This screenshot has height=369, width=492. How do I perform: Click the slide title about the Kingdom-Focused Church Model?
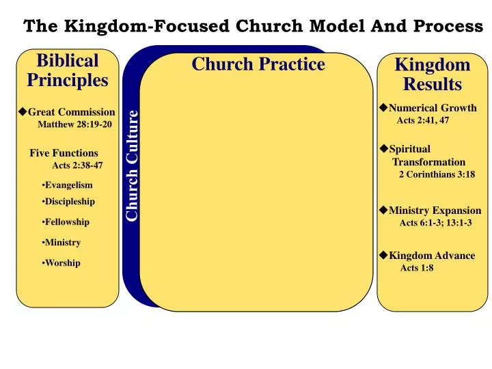(x=253, y=26)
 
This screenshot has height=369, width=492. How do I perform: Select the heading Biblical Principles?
(x=67, y=70)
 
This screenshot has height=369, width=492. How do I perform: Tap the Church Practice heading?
(x=258, y=64)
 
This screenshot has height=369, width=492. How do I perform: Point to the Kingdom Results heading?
(x=433, y=74)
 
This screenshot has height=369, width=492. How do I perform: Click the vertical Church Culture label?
(x=132, y=166)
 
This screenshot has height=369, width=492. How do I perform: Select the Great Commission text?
(x=71, y=112)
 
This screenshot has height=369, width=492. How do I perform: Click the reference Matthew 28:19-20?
(x=74, y=124)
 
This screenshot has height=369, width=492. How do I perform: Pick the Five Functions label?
(x=64, y=153)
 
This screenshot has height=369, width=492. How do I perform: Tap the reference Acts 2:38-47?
(x=77, y=165)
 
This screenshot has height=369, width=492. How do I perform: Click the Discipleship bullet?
(x=68, y=202)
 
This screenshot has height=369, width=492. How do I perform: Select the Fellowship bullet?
(x=66, y=222)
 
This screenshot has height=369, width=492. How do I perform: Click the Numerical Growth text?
(x=432, y=108)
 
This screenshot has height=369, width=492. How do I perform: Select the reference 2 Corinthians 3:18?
(x=437, y=174)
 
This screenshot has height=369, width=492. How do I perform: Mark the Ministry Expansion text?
(x=435, y=210)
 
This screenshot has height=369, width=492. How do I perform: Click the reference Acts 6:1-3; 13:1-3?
(x=435, y=223)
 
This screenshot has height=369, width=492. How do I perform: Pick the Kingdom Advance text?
(x=432, y=256)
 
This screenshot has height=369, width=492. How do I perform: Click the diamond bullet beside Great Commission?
(x=23, y=111)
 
